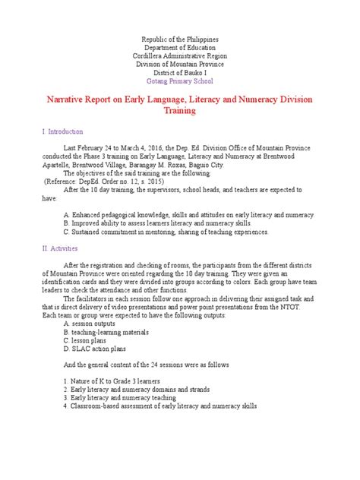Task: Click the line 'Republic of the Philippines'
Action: [179, 38]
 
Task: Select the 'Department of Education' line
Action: [179, 47]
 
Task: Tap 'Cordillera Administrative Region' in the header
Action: [179, 55]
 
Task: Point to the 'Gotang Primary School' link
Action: [179, 81]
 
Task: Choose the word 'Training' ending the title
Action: [179, 111]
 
